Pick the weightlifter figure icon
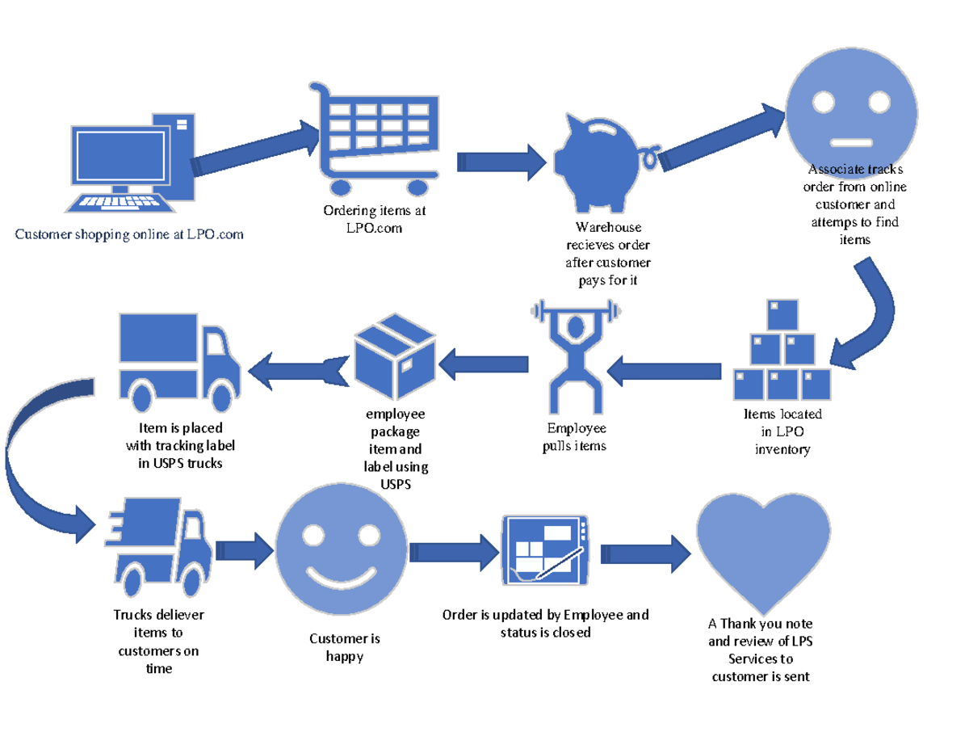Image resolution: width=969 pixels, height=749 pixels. (574, 356)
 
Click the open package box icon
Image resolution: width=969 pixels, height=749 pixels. (395, 356)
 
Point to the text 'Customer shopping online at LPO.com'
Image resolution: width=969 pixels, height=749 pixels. (128, 235)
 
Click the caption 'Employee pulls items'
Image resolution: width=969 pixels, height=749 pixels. (574, 437)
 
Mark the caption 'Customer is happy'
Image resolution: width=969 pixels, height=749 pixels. (345, 647)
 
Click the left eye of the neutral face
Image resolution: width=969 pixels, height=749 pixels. (823, 102)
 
